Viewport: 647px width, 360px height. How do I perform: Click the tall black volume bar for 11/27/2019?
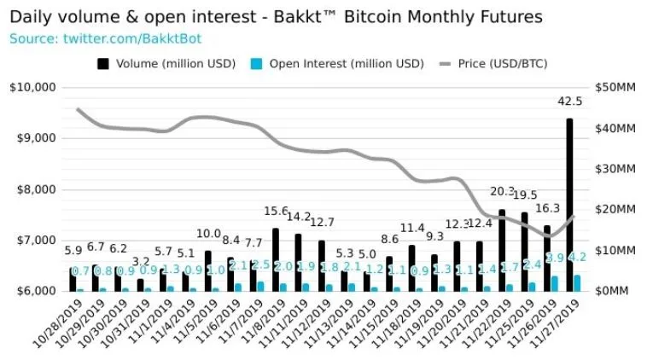point(569,205)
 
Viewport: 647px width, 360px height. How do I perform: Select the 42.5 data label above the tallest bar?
point(569,102)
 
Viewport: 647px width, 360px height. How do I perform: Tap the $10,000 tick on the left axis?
point(32,87)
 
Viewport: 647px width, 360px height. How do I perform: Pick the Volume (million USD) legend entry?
point(171,63)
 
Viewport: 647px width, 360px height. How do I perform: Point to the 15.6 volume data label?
point(276,211)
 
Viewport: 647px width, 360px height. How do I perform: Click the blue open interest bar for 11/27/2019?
point(578,282)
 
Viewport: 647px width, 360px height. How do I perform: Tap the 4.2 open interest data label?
point(579,257)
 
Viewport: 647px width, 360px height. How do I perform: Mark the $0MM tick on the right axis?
point(613,291)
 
